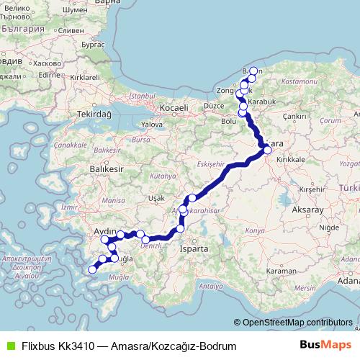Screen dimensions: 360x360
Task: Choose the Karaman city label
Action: [279, 271]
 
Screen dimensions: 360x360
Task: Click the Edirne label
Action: [49, 74]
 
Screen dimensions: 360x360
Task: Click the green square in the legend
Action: [9, 346]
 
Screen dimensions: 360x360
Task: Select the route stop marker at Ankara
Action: [267, 150]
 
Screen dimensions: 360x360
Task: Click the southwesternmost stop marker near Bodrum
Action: [91, 270]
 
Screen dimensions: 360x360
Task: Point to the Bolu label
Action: [228, 121]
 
